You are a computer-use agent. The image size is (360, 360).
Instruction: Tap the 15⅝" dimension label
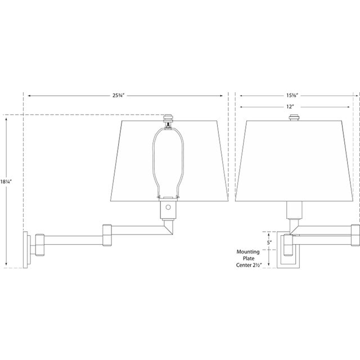(x=291, y=95)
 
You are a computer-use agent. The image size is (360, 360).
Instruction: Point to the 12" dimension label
(x=291, y=106)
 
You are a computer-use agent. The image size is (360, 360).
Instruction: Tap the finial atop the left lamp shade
(x=167, y=119)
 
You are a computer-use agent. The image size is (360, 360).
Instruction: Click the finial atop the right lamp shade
(x=293, y=118)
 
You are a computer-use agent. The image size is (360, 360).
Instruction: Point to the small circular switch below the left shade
(x=167, y=208)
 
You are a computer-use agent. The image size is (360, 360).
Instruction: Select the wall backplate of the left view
(x=26, y=248)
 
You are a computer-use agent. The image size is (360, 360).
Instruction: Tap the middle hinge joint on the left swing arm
(x=109, y=235)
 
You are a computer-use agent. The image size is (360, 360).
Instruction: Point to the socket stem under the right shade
(x=293, y=211)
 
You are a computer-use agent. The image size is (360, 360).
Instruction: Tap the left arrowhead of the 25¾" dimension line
(x=28, y=95)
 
